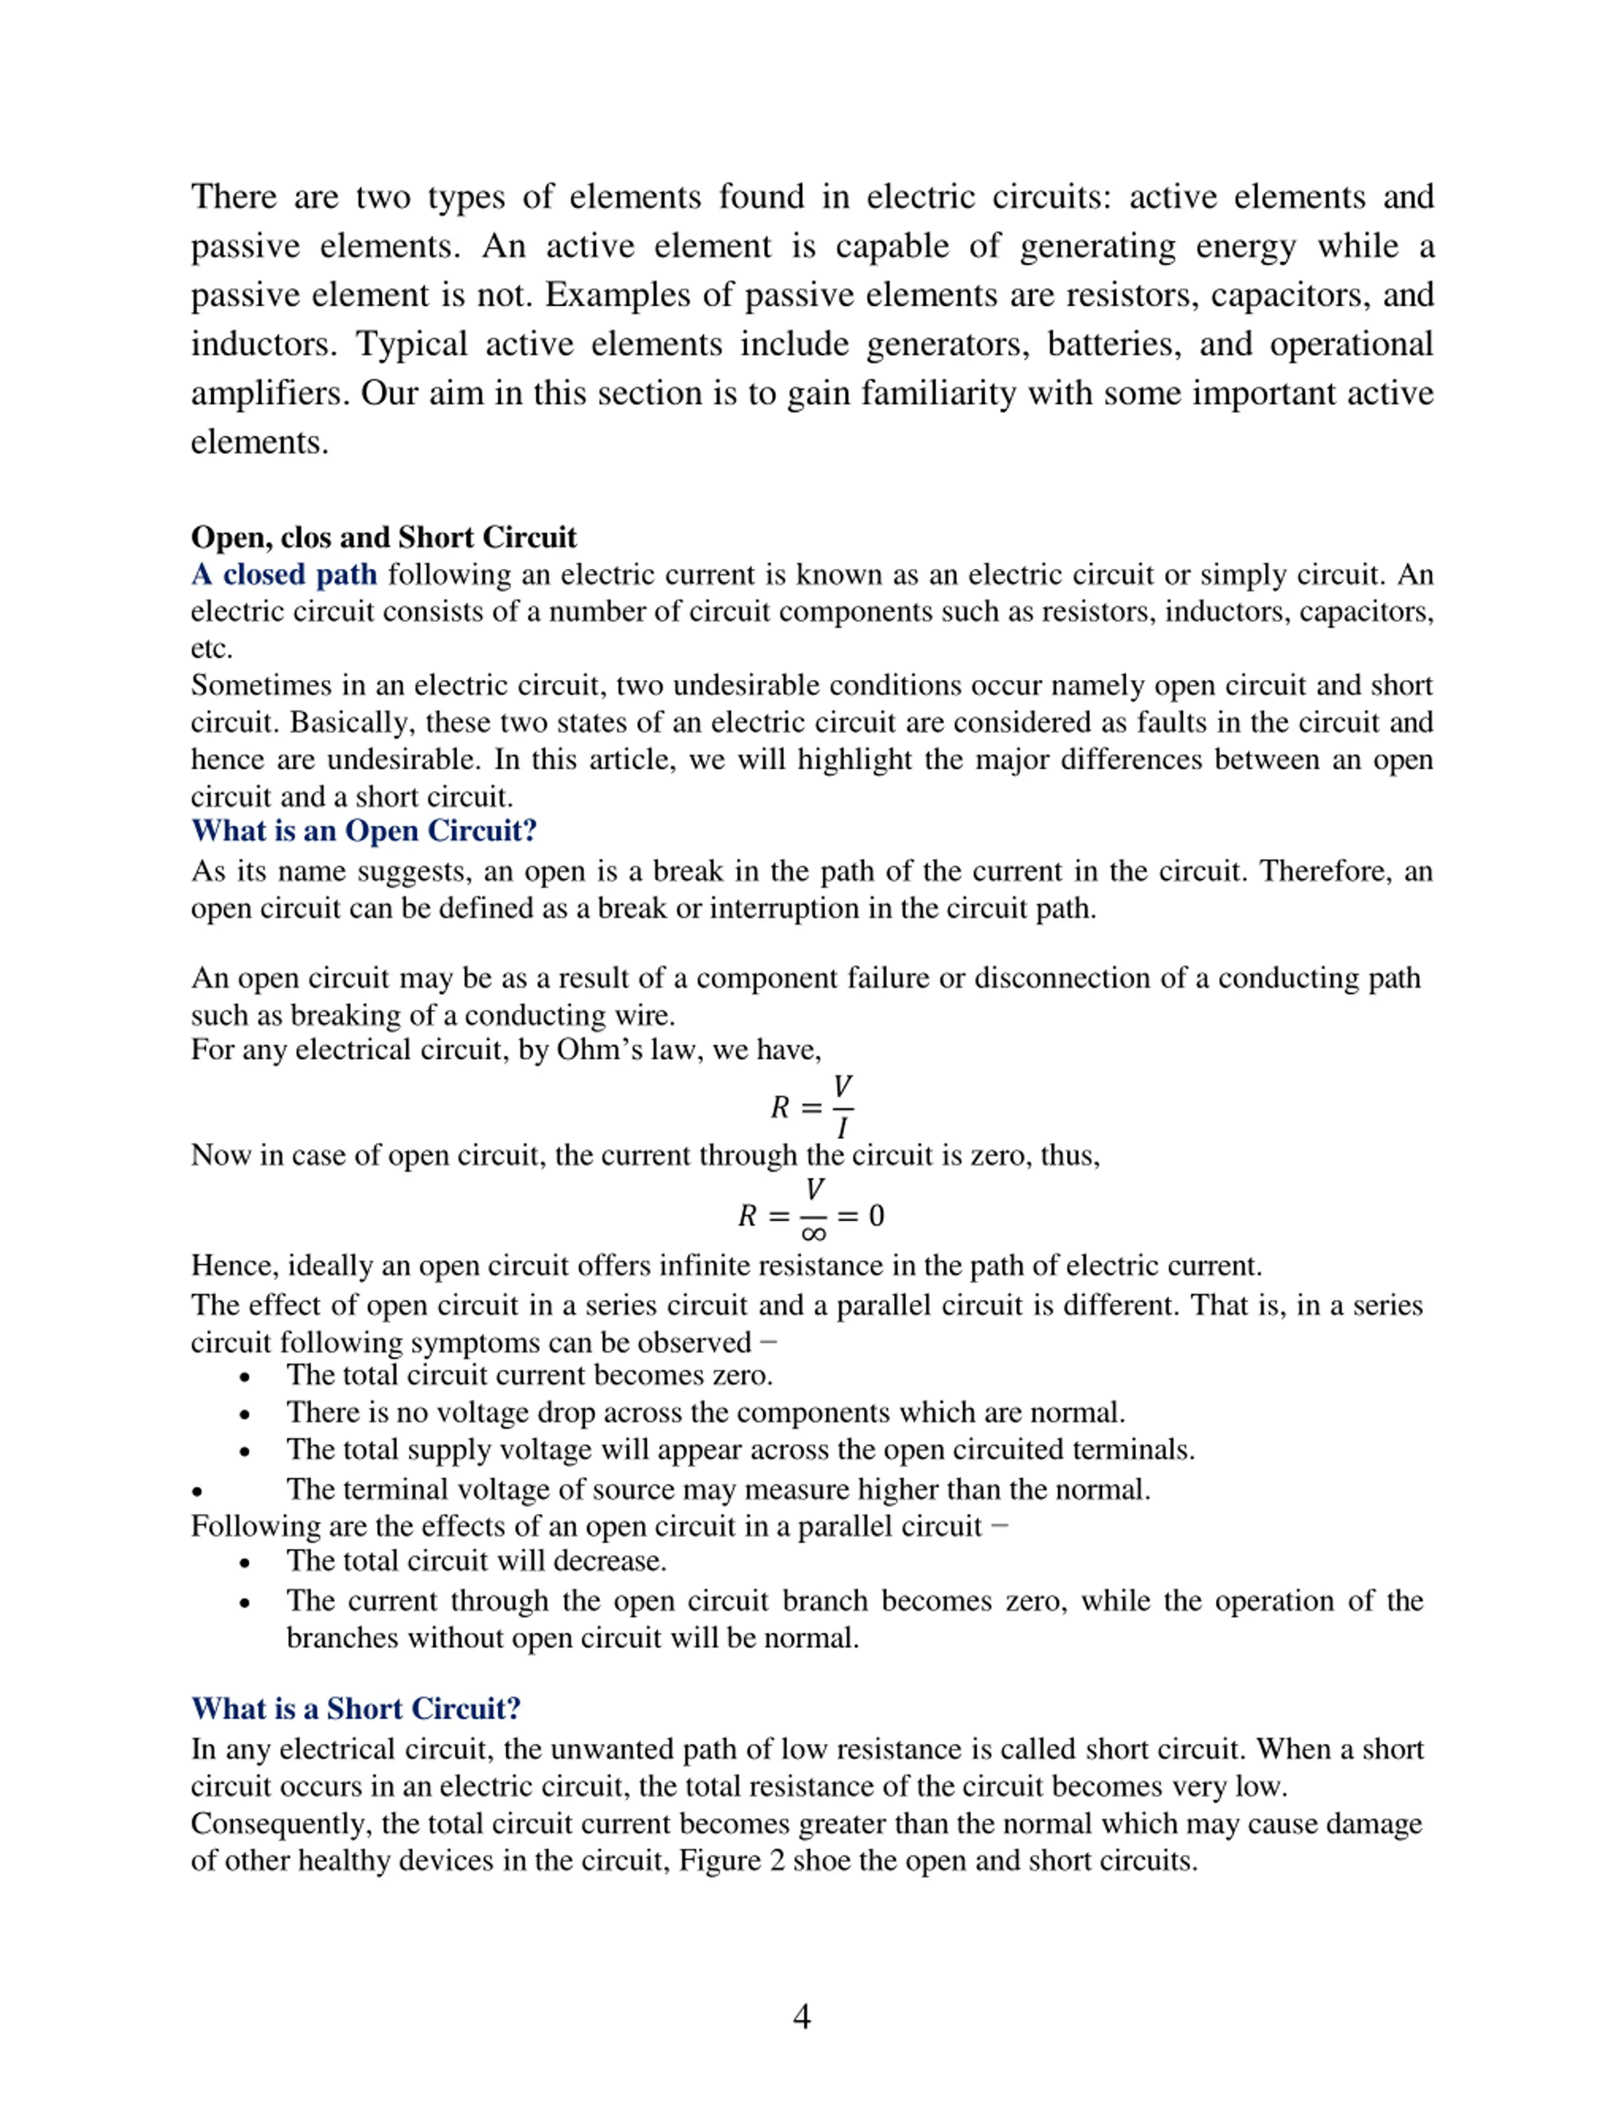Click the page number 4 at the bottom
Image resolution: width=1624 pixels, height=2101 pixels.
coord(801,2017)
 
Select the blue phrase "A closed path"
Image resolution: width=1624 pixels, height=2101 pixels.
coord(284,575)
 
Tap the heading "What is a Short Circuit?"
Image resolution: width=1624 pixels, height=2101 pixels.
coord(356,1708)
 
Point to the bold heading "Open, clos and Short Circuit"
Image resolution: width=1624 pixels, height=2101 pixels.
coord(383,537)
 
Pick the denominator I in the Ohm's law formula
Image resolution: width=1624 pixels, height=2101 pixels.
coord(842,1128)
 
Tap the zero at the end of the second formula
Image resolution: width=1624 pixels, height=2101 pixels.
coord(875,1216)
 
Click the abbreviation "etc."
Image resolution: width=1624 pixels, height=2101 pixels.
coord(212,648)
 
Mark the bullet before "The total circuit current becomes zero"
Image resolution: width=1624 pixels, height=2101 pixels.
coord(246,1377)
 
